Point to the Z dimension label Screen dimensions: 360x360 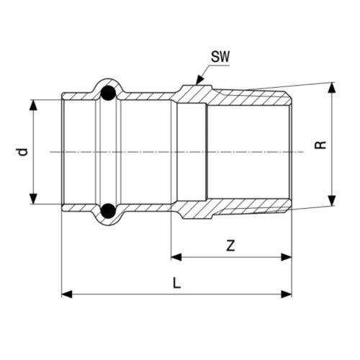(230, 245)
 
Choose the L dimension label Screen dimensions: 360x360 (176, 283)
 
